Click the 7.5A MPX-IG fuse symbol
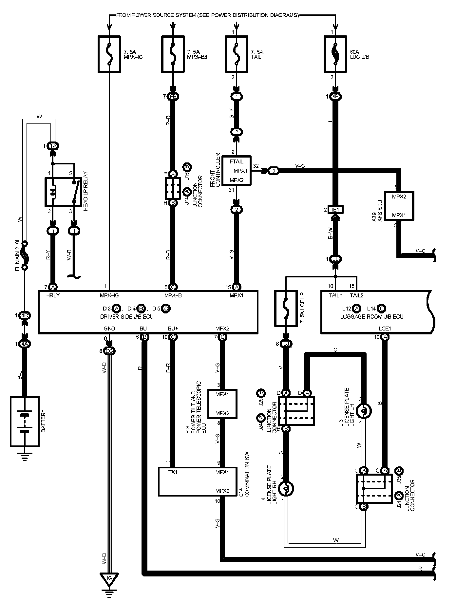click(109, 54)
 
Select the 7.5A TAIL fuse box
click(236, 54)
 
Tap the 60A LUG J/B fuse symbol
click(335, 54)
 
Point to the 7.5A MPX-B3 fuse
click(173, 54)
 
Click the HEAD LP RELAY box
click(63, 192)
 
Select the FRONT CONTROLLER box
click(236, 170)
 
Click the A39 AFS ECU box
click(399, 206)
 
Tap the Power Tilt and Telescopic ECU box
click(222, 404)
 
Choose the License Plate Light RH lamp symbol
click(286, 489)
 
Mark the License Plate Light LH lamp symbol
click(363, 410)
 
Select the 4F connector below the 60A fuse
click(335, 97)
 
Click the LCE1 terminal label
click(385, 329)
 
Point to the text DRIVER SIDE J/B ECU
click(126, 317)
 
